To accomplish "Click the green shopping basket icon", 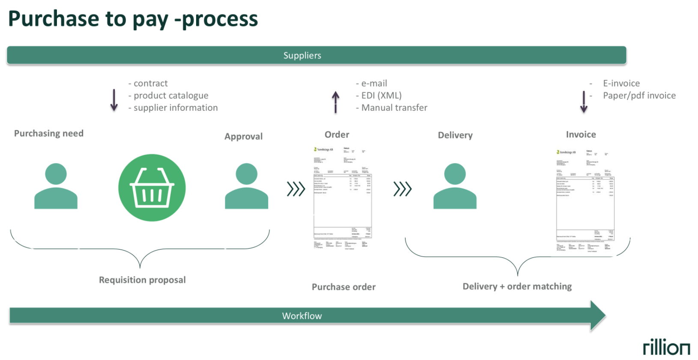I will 152,187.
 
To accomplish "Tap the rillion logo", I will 666,347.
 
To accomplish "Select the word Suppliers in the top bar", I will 302,56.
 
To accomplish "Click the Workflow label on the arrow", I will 302,316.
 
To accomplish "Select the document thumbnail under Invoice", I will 585,201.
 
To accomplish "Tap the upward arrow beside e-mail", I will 336,102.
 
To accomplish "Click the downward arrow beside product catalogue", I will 114,100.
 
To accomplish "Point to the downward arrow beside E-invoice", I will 584,102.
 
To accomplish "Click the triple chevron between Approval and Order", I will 296,189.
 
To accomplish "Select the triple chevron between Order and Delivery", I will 403,189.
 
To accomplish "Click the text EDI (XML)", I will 381,95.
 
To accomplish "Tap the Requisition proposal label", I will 142,280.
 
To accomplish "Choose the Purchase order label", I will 343,287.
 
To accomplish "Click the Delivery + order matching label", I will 517,286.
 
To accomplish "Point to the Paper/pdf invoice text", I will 639,95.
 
